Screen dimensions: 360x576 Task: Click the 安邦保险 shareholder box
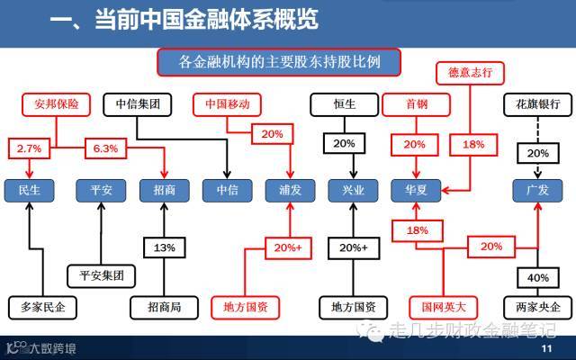click(x=56, y=103)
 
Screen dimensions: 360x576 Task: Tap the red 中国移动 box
click(x=228, y=103)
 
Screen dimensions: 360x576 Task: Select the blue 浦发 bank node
click(x=290, y=190)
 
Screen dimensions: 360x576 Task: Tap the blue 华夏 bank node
click(x=415, y=190)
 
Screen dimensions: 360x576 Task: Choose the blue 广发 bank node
click(x=537, y=190)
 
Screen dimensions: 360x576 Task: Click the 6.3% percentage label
click(x=105, y=146)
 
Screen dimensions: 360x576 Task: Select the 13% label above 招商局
click(x=164, y=247)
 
